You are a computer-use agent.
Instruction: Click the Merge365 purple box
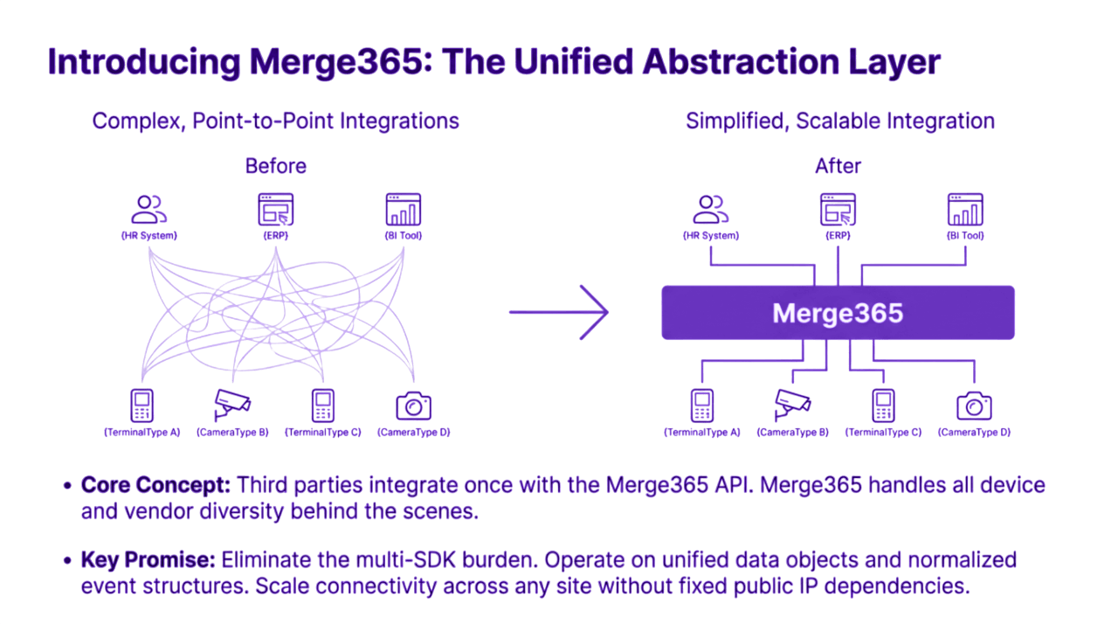point(838,312)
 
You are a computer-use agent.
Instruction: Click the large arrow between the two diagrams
point(559,311)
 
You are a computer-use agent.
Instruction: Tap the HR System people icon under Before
point(149,210)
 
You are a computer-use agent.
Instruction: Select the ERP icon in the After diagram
point(838,210)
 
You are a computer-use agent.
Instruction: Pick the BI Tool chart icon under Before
point(404,210)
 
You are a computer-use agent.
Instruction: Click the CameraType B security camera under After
point(793,404)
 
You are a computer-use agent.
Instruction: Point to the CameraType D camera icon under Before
point(414,406)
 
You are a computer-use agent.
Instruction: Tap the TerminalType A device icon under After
point(702,406)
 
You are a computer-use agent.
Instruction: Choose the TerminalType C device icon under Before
point(322,406)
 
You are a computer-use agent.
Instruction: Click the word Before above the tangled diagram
point(276,166)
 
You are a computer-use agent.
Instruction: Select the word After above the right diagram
point(838,166)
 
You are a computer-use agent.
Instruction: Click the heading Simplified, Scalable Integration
point(839,121)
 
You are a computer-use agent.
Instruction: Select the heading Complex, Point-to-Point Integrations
point(276,121)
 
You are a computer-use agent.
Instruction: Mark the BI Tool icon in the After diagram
point(965,210)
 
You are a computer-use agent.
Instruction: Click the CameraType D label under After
point(974,433)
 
